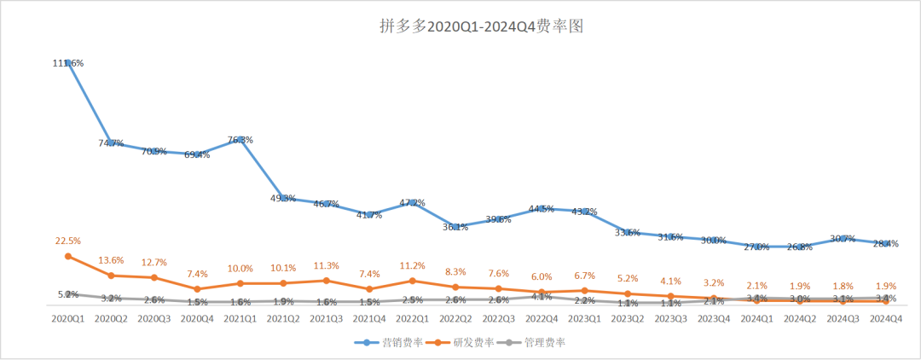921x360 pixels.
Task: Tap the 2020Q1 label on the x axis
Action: (x=67, y=317)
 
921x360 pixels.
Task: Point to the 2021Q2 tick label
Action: (x=283, y=317)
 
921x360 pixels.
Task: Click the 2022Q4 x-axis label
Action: (x=542, y=317)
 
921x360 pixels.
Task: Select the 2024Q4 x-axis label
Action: (x=886, y=317)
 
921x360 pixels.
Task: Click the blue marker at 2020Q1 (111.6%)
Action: (x=67, y=63)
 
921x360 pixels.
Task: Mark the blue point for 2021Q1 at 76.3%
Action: (x=240, y=140)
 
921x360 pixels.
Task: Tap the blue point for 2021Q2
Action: (x=283, y=198)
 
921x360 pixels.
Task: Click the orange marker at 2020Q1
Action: (x=67, y=256)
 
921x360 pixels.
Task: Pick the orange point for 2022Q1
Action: (x=412, y=281)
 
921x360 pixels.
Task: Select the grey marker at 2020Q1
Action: (x=67, y=294)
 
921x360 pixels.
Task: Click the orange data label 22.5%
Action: (x=67, y=240)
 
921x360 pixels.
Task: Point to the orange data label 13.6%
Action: (x=111, y=259)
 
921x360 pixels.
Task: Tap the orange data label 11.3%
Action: (x=326, y=264)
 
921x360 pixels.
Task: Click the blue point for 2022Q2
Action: (x=455, y=227)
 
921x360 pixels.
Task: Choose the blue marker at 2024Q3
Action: (x=843, y=239)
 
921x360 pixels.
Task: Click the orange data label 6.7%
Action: (x=584, y=275)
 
